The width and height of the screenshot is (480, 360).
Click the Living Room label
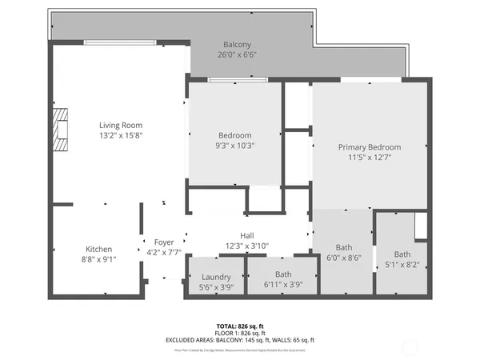pyautogui.click(x=121, y=125)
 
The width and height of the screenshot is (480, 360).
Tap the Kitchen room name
pyautogui.click(x=99, y=249)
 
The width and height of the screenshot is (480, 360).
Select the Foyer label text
pyautogui.click(x=164, y=242)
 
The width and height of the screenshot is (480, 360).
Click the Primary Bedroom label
pyautogui.click(x=369, y=147)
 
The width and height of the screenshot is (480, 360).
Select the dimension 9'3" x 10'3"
pyautogui.click(x=235, y=146)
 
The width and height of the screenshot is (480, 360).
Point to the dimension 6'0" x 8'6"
pyautogui.click(x=344, y=258)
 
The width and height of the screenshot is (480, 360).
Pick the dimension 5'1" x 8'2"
pyautogui.click(x=402, y=265)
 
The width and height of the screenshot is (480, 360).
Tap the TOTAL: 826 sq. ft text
pyautogui.click(x=240, y=326)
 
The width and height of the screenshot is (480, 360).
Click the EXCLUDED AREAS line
pyautogui.click(x=240, y=339)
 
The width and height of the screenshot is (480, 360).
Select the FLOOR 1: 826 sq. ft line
pyautogui.click(x=240, y=333)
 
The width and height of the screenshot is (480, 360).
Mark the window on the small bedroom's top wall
pyautogui.click(x=237, y=80)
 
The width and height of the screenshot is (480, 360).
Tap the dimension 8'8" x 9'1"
pyautogui.click(x=99, y=258)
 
